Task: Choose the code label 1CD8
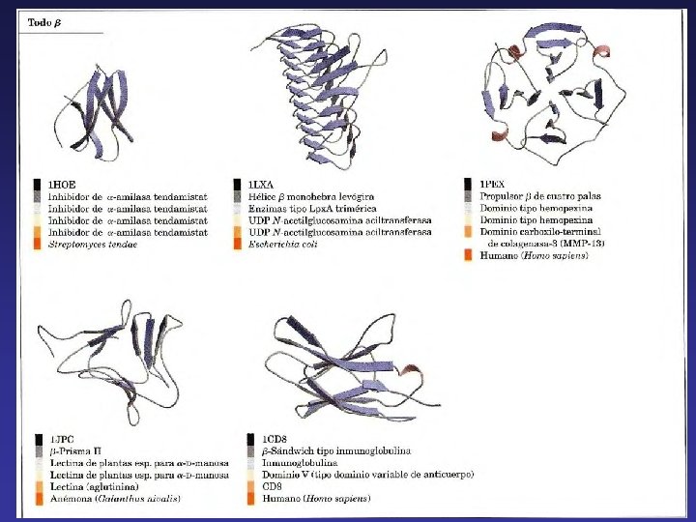[x=264, y=440]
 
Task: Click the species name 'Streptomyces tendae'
[x=93, y=245]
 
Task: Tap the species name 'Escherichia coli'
[x=286, y=245]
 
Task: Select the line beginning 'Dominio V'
[x=359, y=476]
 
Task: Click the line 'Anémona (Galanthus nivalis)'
[x=114, y=499]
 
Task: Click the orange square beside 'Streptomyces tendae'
[x=38, y=245]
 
